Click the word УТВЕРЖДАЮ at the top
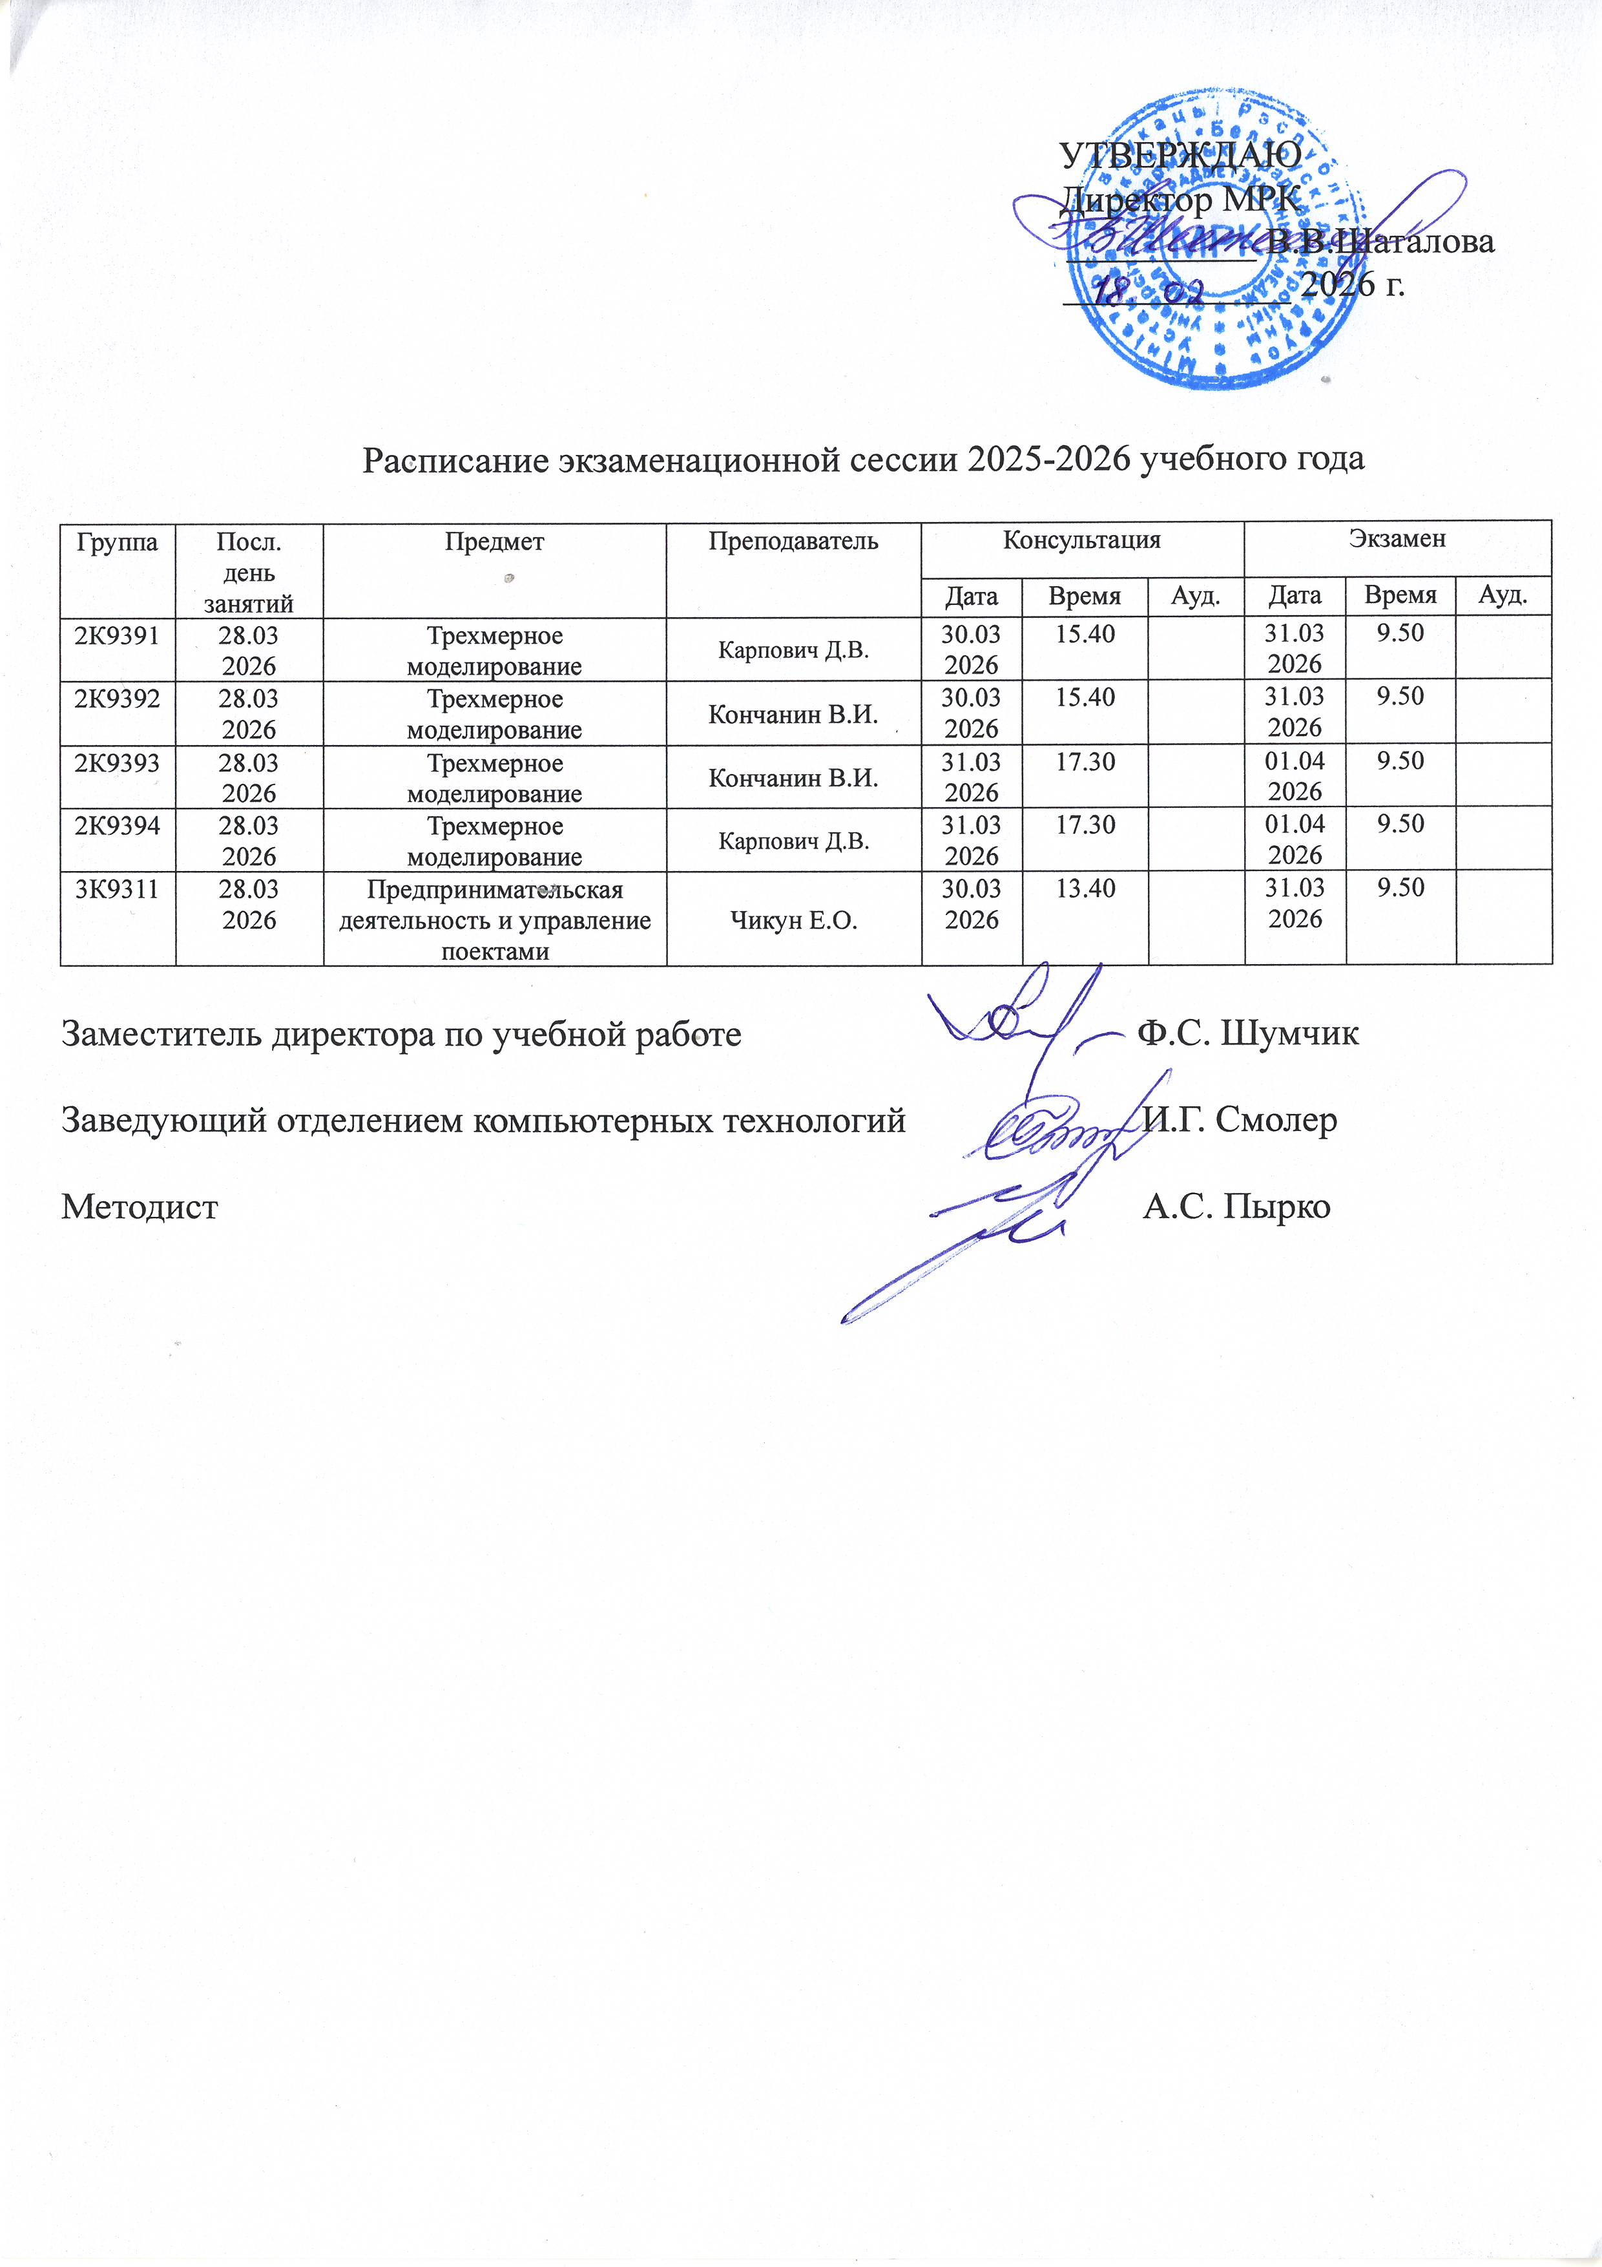(1180, 155)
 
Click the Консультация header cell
(1082, 540)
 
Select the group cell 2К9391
(118, 635)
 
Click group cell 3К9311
(118, 889)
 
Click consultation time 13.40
(1085, 889)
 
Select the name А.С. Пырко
(1236, 1207)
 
